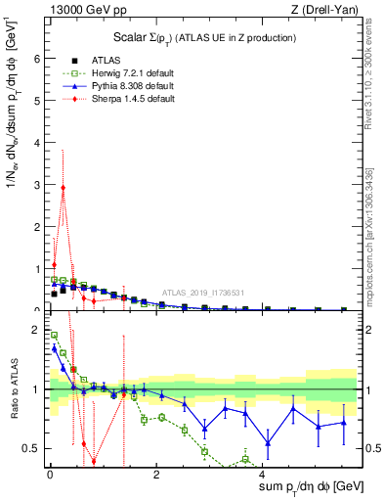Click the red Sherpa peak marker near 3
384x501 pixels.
coord(64,188)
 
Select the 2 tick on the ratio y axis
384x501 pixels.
coord(36,330)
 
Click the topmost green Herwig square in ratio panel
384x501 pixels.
coord(54,336)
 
